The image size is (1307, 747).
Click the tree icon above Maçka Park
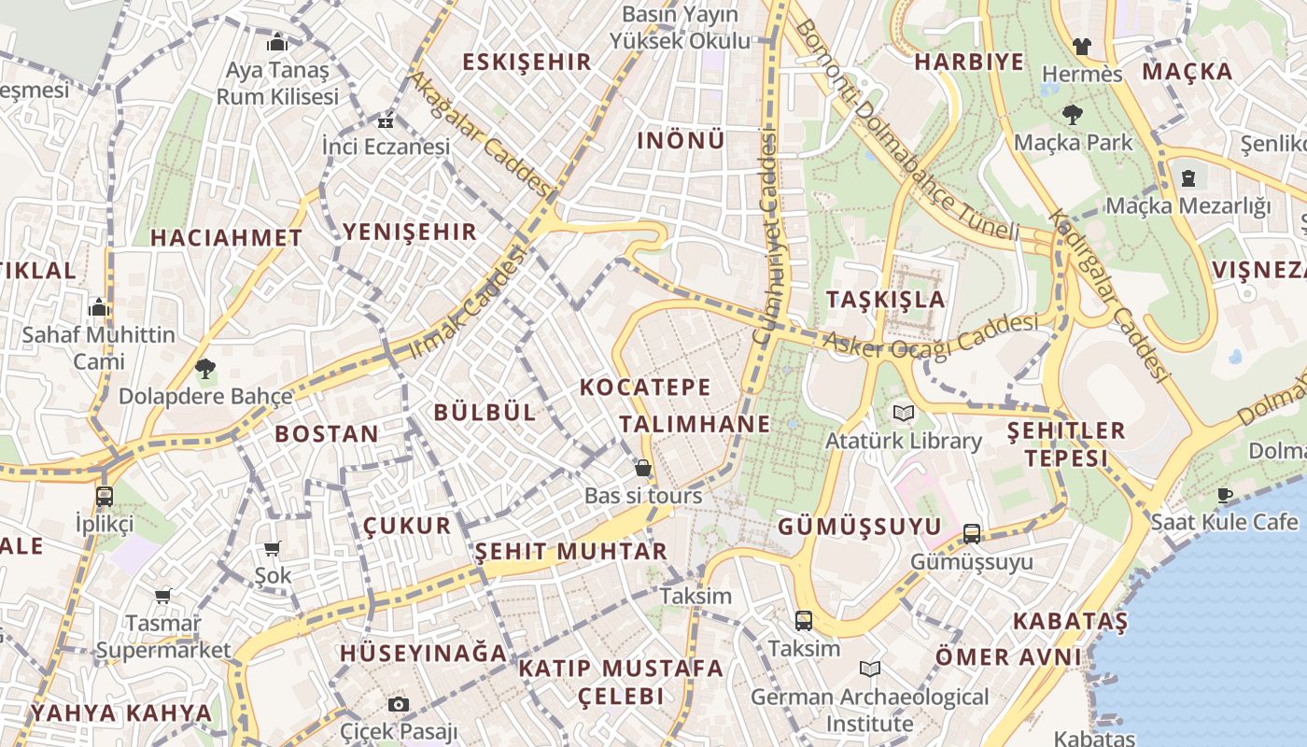click(1072, 115)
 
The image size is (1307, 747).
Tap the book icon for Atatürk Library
click(903, 413)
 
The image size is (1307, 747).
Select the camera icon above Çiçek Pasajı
click(399, 704)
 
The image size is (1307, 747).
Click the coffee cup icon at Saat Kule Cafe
click(1224, 495)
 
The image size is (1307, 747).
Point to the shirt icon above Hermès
click(1081, 46)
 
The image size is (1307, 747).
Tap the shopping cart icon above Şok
click(273, 549)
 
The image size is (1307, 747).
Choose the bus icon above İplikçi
click(105, 496)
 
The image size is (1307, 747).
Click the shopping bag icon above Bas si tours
click(642, 468)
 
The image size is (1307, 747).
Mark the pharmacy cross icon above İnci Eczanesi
click(385, 121)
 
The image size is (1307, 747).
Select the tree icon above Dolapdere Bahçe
click(204, 369)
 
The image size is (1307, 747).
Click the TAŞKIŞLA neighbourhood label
click(886, 300)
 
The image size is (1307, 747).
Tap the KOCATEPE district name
click(645, 387)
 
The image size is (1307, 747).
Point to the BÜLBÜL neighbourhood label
click(485, 412)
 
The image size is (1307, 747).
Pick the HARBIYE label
click(968, 63)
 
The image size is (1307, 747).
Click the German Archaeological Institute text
click(869, 710)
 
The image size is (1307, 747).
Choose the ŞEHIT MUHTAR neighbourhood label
click(571, 551)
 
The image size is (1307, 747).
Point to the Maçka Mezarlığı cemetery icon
click(1188, 177)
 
